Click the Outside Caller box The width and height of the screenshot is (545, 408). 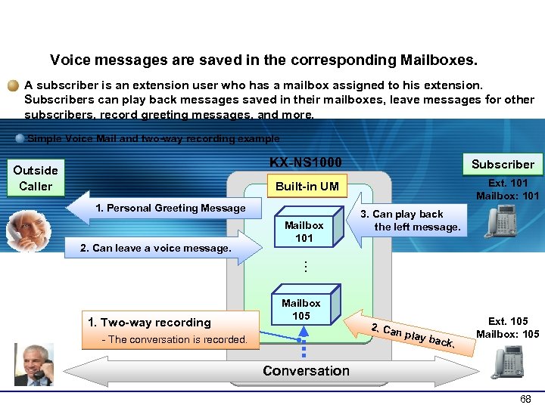[36, 178]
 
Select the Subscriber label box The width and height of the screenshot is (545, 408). [503, 164]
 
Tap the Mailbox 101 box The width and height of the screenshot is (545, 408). [304, 232]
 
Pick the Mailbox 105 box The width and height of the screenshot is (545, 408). [301, 309]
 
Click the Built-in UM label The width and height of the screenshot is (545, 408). [307, 187]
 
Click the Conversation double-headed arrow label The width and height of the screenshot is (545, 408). [306, 371]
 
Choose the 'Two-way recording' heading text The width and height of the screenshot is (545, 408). [149, 323]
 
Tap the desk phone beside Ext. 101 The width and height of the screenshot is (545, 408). [503, 222]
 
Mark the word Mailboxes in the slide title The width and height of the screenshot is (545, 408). [439, 59]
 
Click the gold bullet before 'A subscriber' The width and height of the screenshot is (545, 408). [14, 85]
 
